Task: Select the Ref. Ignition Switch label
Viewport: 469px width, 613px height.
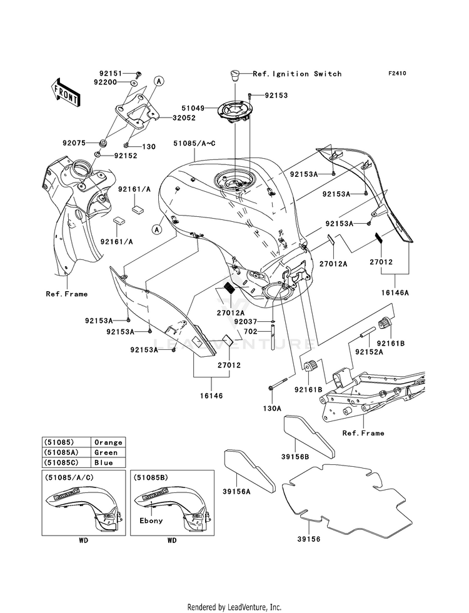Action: tap(297, 74)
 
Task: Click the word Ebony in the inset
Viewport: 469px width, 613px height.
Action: tap(151, 520)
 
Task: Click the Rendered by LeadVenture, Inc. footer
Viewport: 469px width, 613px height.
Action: tap(234, 607)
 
